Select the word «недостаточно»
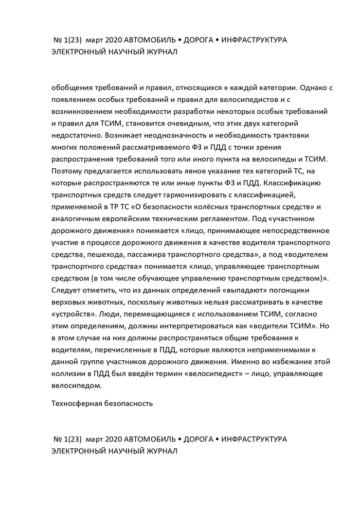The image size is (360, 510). click(77, 136)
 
